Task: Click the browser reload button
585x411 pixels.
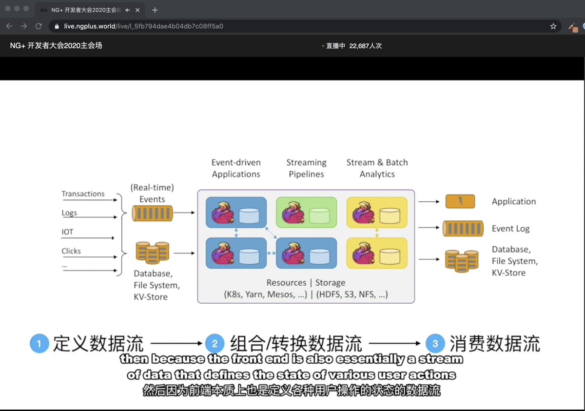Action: [x=39, y=26]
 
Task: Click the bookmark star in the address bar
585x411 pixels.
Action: [x=553, y=26]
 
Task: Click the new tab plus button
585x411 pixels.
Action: [x=155, y=10]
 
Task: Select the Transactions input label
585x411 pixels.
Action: [x=83, y=194]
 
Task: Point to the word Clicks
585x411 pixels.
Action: [x=71, y=251]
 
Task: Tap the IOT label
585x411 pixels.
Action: [x=67, y=232]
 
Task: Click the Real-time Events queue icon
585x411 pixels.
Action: [x=153, y=213]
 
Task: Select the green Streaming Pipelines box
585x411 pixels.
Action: [x=306, y=212]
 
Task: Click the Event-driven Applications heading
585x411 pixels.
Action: [x=236, y=168]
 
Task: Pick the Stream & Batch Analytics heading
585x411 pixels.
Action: [x=377, y=168]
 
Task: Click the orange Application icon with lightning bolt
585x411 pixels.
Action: [x=460, y=201]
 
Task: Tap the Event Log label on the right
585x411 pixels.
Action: [x=510, y=229]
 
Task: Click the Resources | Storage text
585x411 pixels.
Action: [x=306, y=283]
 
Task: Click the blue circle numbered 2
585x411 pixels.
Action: [x=214, y=344]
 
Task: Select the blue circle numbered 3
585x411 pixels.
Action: [x=435, y=344]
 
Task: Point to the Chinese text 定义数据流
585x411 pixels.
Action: [x=98, y=344]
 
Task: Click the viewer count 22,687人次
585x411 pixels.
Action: [x=365, y=46]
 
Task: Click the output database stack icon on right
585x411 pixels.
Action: [x=461, y=260]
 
